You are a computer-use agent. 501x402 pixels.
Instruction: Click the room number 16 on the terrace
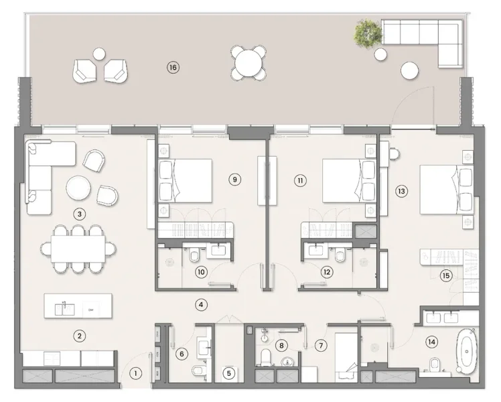[173, 67]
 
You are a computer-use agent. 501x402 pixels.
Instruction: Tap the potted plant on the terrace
[368, 31]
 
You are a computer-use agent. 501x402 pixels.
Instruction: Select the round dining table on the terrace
[248, 64]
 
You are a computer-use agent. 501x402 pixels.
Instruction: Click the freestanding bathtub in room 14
[466, 352]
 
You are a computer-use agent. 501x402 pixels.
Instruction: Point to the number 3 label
[80, 214]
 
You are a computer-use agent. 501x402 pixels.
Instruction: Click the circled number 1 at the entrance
[136, 374]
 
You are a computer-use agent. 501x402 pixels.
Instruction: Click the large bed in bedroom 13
[446, 190]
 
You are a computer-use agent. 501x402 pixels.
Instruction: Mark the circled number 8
[282, 346]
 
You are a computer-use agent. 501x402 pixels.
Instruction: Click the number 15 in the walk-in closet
[445, 275]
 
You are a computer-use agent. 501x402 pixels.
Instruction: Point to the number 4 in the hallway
[200, 304]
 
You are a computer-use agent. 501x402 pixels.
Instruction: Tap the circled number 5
[229, 374]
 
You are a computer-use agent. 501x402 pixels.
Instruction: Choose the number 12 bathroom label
[327, 272]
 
